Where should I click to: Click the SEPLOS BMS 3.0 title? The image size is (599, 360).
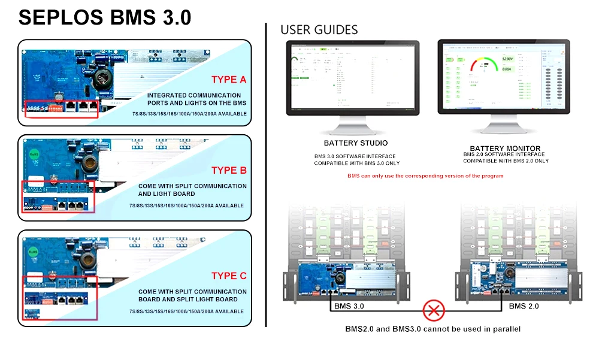point(105,17)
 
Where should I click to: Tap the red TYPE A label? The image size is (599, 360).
point(228,80)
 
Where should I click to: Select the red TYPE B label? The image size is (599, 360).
point(228,170)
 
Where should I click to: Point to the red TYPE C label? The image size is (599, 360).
point(228,276)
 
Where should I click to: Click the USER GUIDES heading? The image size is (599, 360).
point(319,30)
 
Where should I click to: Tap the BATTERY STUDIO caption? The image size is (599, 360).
point(355,143)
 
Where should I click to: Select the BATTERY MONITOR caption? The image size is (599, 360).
point(505,148)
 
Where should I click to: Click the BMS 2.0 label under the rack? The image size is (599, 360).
point(524,306)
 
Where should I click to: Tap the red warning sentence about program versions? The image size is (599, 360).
point(425,176)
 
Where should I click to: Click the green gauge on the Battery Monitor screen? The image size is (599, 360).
point(484,64)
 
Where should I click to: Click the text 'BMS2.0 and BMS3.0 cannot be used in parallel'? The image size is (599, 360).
point(432,329)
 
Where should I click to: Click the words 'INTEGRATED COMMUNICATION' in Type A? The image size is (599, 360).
point(194,95)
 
